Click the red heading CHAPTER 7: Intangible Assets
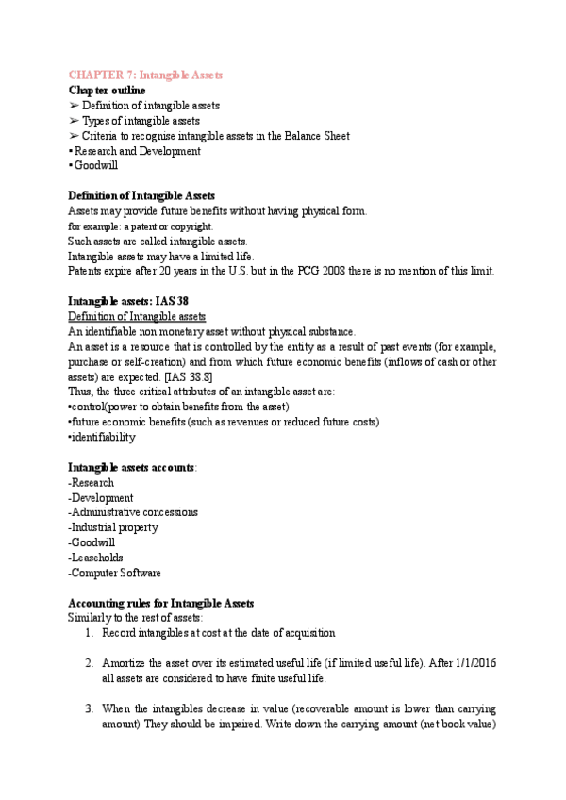point(146,75)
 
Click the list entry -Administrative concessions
point(133,512)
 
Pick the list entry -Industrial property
point(113,527)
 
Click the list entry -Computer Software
point(115,573)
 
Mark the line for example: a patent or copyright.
point(141,226)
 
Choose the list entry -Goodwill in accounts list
point(96,542)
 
